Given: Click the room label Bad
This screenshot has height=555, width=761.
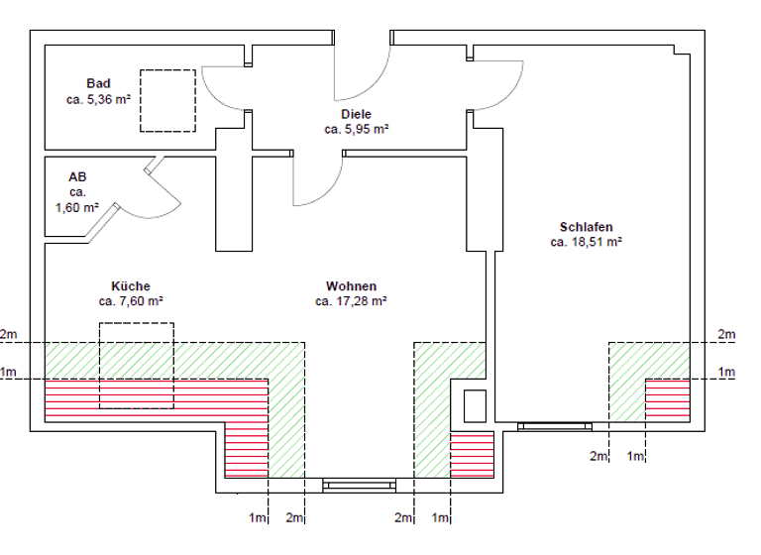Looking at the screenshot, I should tap(98, 83).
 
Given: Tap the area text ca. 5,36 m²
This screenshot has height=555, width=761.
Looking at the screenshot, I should tap(99, 99).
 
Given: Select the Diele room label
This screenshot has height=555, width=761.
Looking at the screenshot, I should tap(356, 114).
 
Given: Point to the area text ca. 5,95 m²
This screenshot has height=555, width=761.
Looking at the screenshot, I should tap(356, 129).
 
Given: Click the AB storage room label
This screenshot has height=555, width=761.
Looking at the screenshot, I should tap(78, 176).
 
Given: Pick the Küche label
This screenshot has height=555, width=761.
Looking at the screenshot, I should tap(131, 285).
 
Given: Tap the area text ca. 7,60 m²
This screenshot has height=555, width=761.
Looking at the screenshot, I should tap(131, 301).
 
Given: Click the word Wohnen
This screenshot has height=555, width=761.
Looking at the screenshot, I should tap(351, 285).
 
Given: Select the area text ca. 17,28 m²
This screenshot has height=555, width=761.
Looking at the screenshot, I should tap(351, 301).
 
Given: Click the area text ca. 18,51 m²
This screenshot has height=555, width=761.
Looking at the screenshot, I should tap(586, 240).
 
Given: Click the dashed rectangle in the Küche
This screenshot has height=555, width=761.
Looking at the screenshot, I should tap(136, 365).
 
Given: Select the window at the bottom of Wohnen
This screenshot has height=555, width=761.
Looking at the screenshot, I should tap(360, 485).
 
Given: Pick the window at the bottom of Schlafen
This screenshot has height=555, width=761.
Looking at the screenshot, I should tap(555, 426).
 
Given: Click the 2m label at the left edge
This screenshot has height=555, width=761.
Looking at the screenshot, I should tap(9, 335).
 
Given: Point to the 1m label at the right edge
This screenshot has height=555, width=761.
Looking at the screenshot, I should tap(727, 373).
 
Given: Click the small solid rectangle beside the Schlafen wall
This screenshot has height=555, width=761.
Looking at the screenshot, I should tap(475, 405).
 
